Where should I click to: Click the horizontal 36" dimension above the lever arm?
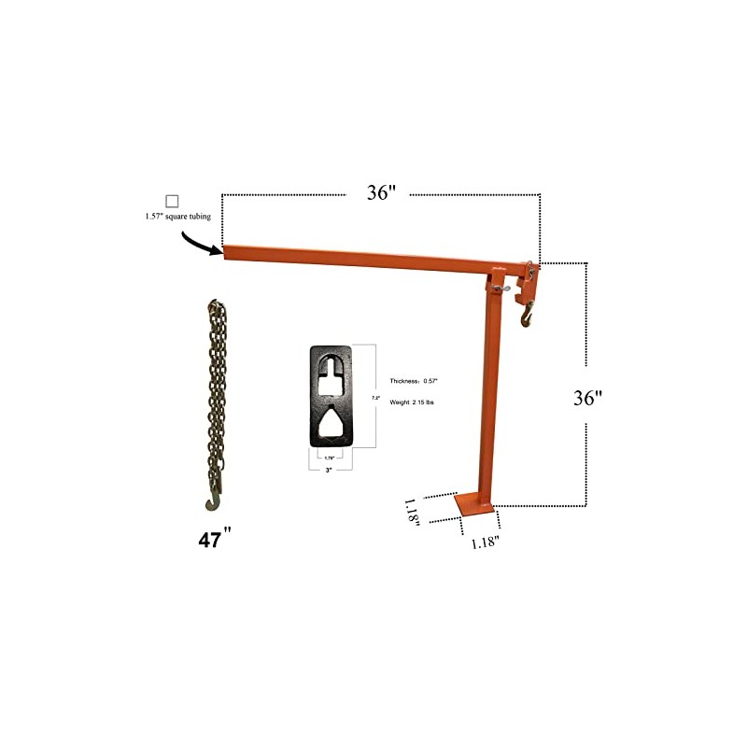[x=381, y=193]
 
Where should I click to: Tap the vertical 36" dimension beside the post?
[x=587, y=397]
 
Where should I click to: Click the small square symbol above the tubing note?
[x=172, y=201]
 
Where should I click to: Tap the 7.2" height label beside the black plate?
[x=375, y=397]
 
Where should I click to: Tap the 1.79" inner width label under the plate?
[x=329, y=458]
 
